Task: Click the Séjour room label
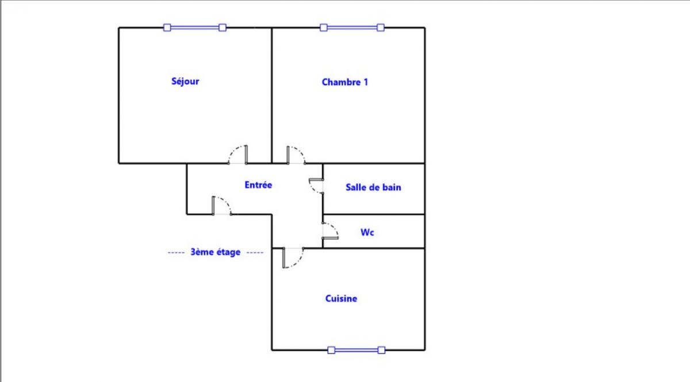[185, 82]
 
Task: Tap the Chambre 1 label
[344, 82]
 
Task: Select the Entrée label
[258, 185]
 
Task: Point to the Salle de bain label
[373, 187]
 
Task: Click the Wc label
[367, 232]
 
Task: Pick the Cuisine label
[341, 298]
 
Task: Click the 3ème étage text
[215, 252]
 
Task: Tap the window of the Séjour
[195, 28]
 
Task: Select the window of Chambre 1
[352, 28]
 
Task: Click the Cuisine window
[356, 350]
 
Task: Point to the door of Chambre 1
[296, 155]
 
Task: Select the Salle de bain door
[316, 186]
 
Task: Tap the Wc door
[330, 230]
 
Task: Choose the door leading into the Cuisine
[293, 258]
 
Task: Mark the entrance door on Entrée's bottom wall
[221, 205]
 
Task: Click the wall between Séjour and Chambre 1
[271, 95]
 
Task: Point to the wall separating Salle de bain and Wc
[374, 214]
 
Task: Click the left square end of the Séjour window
[167, 28]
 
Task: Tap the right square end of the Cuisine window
[381, 350]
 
